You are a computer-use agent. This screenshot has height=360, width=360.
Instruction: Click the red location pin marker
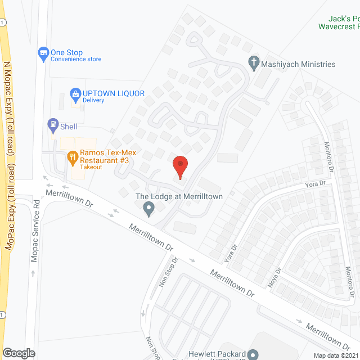(179, 166)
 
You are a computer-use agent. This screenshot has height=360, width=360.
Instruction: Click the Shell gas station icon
(52, 124)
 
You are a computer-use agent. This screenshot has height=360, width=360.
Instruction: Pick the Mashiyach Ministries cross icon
(253, 64)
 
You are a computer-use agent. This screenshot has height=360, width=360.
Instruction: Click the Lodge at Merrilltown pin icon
(149, 209)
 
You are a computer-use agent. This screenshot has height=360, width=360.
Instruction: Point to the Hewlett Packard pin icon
(253, 354)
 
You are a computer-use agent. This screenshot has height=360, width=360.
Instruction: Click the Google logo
(18, 353)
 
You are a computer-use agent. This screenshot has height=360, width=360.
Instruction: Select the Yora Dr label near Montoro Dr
(315, 184)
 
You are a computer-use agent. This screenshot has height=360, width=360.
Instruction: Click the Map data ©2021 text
(335, 355)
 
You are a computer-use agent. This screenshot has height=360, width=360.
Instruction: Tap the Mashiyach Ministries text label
(298, 64)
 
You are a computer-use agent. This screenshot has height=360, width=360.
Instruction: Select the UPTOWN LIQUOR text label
(114, 93)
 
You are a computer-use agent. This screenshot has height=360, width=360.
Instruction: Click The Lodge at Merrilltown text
(179, 197)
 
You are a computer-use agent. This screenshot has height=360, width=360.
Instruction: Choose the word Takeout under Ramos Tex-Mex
(91, 167)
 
